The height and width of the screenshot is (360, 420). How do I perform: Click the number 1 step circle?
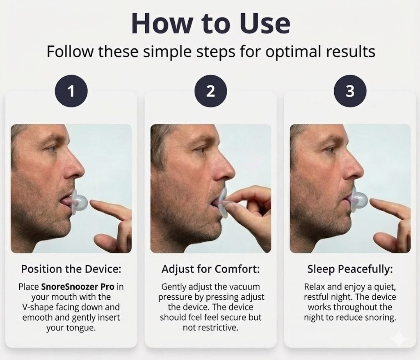(x=71, y=91)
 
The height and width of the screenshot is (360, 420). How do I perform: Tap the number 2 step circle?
(x=210, y=91)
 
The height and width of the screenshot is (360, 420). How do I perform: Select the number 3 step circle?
(x=350, y=91)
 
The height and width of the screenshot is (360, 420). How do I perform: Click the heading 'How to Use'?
(x=211, y=23)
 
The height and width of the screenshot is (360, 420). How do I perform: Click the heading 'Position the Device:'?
(x=71, y=269)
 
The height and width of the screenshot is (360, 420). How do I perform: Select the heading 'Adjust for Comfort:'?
(x=210, y=269)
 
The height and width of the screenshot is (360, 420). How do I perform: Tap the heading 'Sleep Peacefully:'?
(x=350, y=269)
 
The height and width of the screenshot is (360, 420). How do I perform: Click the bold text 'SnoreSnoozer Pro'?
(x=78, y=287)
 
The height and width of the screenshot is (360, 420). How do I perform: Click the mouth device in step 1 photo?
(x=79, y=201)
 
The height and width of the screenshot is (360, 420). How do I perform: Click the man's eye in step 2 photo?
(x=199, y=149)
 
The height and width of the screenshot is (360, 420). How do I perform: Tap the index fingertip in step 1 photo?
(x=93, y=202)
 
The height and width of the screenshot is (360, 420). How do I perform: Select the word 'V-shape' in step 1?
(x=37, y=307)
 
